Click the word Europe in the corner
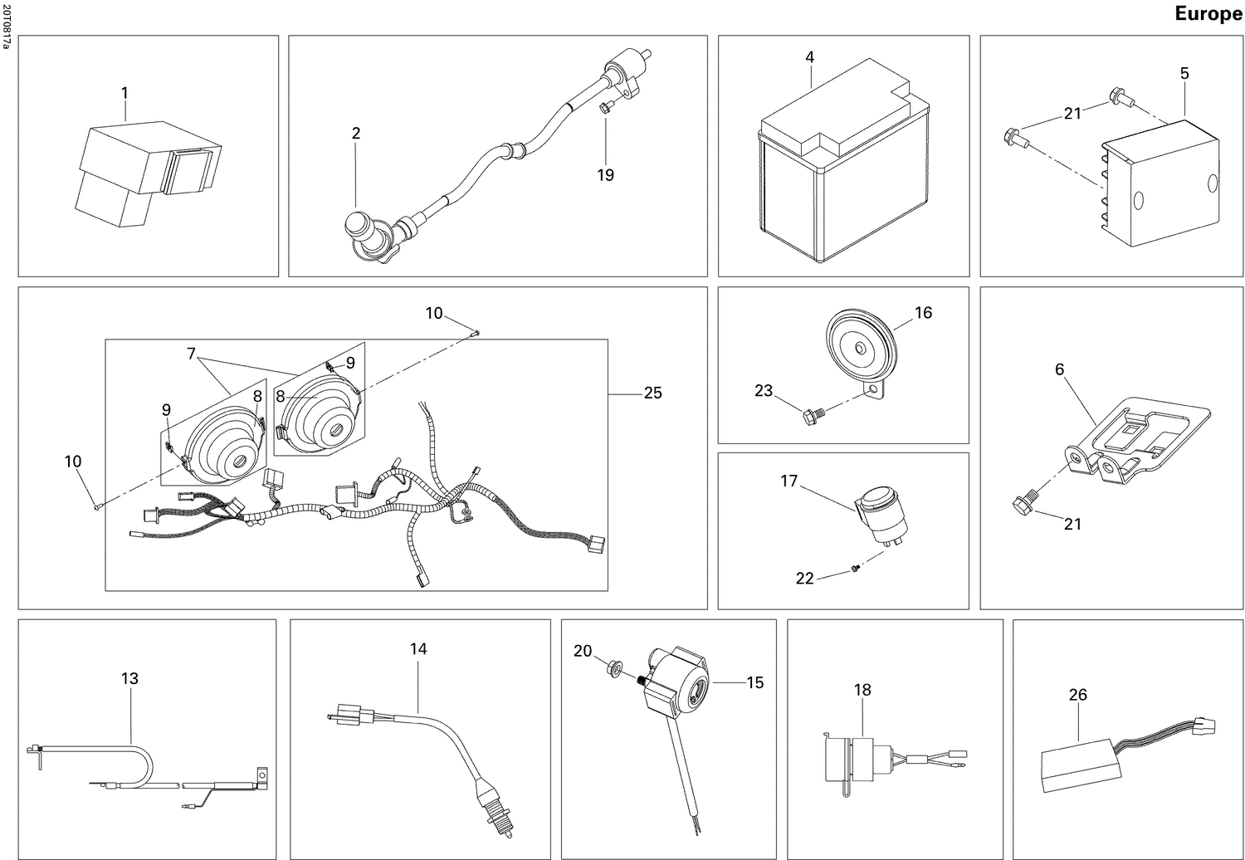[1208, 14]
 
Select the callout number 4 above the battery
[809, 57]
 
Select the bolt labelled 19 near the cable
[605, 106]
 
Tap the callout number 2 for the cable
[356, 133]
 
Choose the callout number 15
[754, 682]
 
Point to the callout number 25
[653, 393]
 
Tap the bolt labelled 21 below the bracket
[1020, 503]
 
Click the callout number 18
[862, 690]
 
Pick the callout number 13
[129, 678]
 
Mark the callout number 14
[418, 648]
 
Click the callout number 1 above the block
[124, 91]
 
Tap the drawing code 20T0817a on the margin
[7, 25]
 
